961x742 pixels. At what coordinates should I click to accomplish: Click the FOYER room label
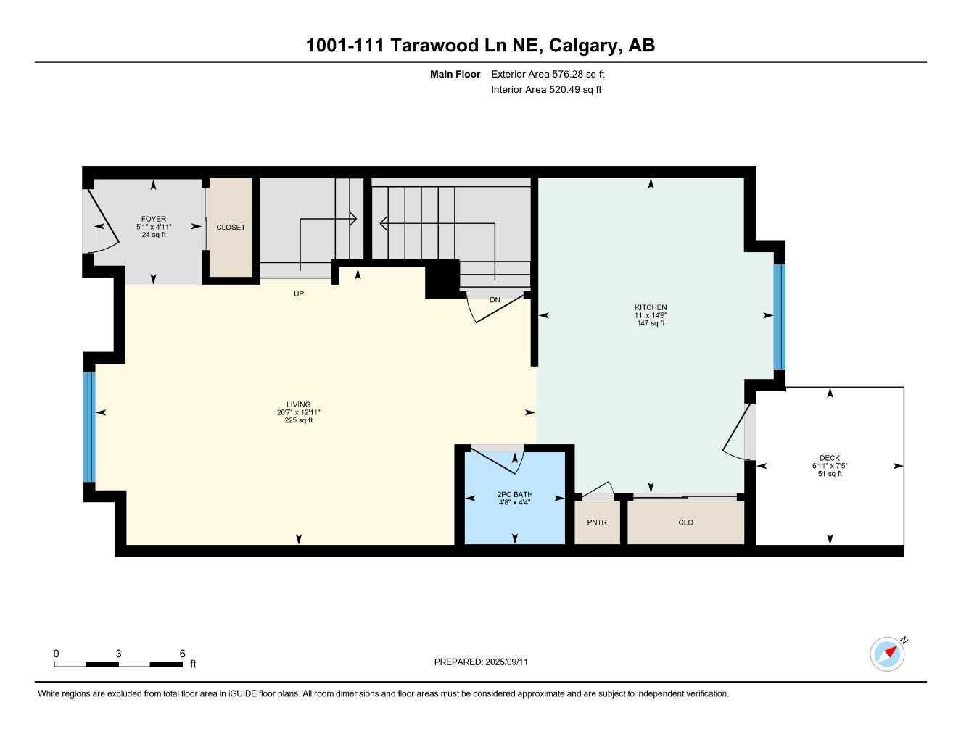coord(153,219)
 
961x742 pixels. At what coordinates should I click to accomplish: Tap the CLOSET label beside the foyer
coord(231,228)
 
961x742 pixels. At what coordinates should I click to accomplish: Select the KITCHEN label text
coord(651,307)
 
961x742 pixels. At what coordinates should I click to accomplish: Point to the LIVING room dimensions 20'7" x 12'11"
coord(298,412)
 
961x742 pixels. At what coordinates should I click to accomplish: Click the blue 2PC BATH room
coord(514,507)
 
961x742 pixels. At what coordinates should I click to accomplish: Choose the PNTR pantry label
coord(597,522)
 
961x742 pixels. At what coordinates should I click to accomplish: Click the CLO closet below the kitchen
coord(685,522)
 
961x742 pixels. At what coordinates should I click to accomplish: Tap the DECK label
coord(830,458)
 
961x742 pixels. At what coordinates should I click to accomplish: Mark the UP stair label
coord(299,293)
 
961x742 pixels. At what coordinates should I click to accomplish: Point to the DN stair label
coord(495,299)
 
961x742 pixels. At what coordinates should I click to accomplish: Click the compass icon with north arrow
coord(887,654)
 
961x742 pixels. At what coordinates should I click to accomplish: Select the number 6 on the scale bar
coord(182,654)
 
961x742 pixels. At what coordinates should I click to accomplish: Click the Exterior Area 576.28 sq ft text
coord(548,74)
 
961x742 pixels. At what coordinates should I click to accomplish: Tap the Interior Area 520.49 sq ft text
coord(546,90)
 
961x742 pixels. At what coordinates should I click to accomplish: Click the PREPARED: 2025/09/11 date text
coord(481,662)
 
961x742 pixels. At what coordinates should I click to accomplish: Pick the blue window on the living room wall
coord(89,427)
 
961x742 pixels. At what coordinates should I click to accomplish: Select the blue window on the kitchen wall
coord(779,317)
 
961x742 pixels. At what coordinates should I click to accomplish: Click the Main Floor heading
coord(455,74)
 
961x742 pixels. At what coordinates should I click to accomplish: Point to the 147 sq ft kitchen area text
coord(651,323)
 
